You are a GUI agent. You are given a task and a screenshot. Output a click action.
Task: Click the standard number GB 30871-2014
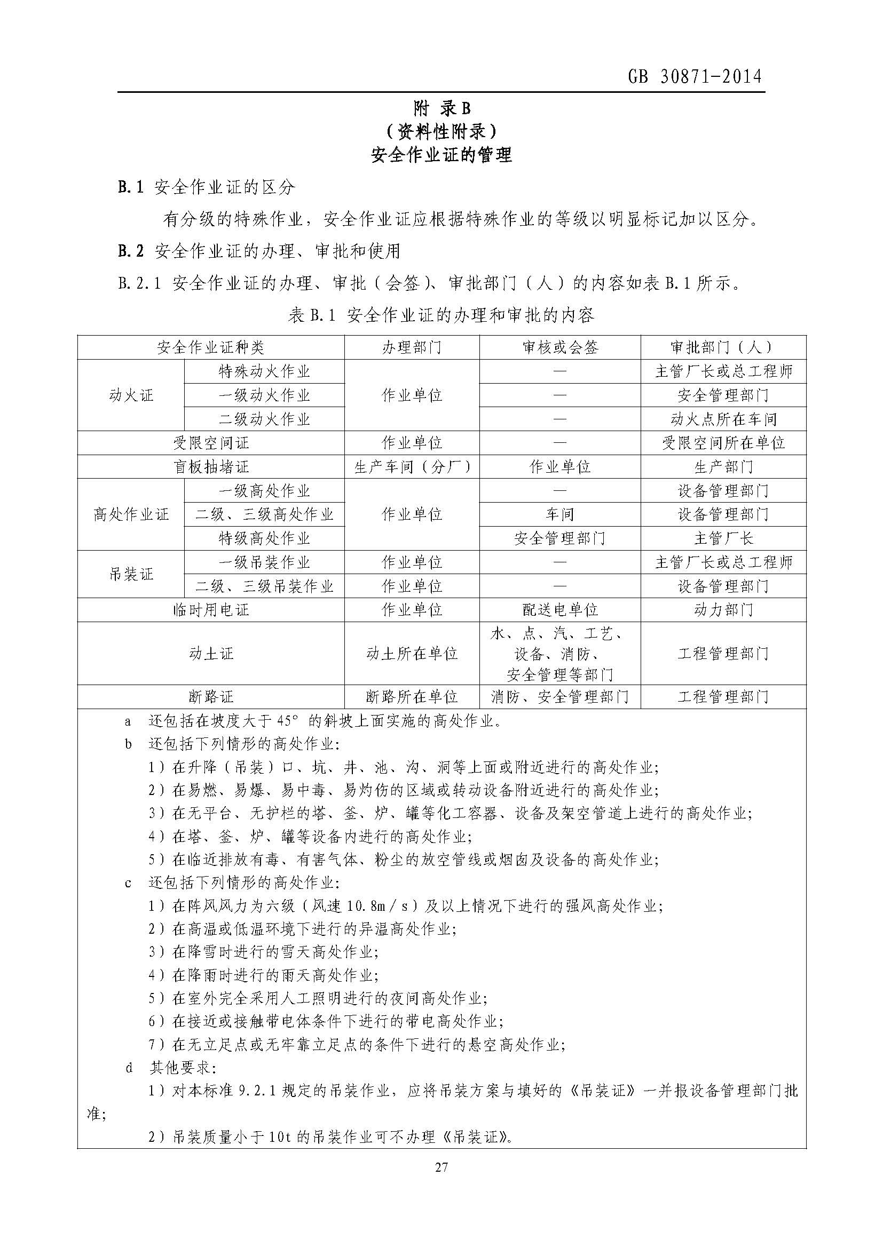695,77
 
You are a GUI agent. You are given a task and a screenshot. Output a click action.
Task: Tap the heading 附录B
441,109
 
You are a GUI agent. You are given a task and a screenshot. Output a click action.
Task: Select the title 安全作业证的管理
441,155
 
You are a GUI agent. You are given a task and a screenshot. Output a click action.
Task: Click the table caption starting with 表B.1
441,315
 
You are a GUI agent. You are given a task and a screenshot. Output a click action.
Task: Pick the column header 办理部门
412,347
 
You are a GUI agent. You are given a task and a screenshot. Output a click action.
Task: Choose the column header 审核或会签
559,347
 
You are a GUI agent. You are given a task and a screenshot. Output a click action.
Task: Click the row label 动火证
131,395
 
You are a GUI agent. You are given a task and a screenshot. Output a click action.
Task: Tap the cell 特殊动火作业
264,371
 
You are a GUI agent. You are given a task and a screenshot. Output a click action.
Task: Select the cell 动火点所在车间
723,419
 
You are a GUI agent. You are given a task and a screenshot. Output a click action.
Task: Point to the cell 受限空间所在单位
723,443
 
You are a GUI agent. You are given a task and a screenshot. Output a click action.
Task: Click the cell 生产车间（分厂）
412,467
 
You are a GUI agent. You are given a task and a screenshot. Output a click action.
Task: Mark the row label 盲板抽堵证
211,467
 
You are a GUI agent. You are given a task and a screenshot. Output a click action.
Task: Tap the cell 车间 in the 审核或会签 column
559,514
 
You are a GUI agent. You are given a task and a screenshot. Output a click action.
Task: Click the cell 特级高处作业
264,538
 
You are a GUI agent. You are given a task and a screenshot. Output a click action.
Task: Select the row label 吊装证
131,574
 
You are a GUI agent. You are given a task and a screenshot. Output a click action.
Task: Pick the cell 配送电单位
559,610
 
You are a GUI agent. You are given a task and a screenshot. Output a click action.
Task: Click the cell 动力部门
723,610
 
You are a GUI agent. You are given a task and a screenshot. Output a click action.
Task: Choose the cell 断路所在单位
412,696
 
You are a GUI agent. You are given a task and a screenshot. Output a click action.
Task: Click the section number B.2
131,251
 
